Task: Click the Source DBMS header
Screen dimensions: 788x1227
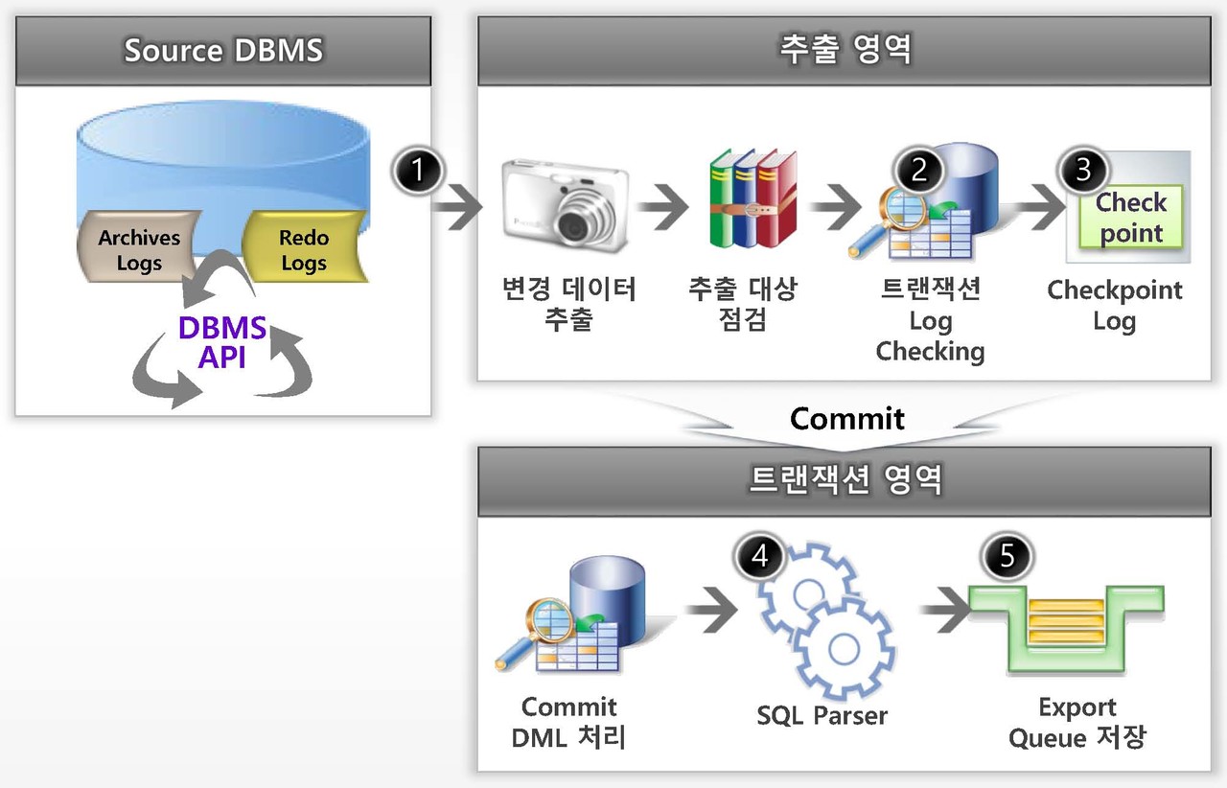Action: tap(223, 50)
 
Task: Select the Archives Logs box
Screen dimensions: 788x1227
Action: tap(139, 249)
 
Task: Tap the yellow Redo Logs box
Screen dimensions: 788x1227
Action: tap(303, 249)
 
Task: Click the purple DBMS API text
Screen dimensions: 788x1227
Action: tap(222, 342)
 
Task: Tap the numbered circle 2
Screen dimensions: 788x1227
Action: tap(919, 170)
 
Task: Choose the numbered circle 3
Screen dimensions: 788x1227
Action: tap(1083, 170)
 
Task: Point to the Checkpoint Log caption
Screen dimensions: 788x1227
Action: tap(1114, 305)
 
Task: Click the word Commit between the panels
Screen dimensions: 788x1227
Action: tap(846, 418)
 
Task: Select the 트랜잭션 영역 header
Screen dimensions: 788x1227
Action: tap(846, 479)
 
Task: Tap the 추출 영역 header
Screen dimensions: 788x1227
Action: tap(846, 50)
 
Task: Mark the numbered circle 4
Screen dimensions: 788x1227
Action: tap(760, 557)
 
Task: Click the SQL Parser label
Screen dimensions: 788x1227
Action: tap(822, 715)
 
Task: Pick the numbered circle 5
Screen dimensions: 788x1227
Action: tap(1007, 557)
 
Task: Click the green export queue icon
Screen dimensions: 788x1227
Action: tap(1066, 628)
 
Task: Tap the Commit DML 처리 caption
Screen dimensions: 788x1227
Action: tap(568, 722)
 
